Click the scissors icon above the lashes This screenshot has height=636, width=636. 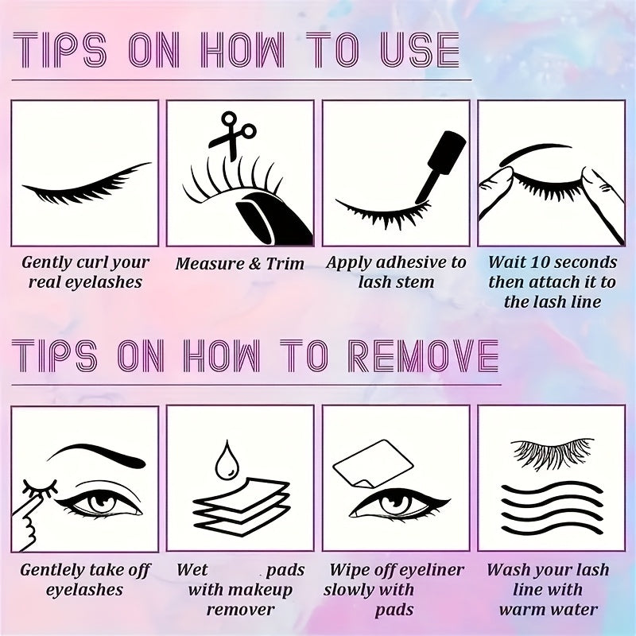[x=232, y=133]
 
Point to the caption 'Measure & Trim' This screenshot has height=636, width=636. [x=240, y=263]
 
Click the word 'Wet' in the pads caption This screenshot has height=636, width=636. [x=192, y=570]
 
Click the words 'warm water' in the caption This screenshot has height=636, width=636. [x=549, y=610]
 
